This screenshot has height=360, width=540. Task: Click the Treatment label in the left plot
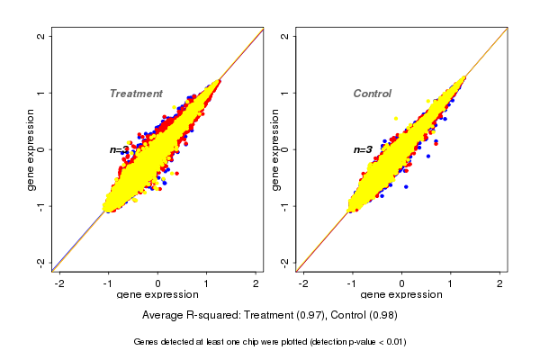pyautogui.click(x=136, y=94)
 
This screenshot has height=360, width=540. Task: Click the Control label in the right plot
pyautogui.click(x=372, y=94)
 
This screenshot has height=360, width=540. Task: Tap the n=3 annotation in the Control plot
pyautogui.click(x=363, y=149)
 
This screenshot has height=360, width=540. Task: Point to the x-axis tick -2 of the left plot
pyautogui.click(x=60, y=283)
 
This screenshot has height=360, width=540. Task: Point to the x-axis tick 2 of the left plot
pyautogui.click(x=256, y=283)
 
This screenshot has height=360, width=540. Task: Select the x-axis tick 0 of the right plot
pyautogui.click(x=402, y=283)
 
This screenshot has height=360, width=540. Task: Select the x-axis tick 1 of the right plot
pyautogui.click(x=452, y=283)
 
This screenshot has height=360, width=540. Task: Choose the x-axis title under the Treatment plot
pyautogui.click(x=157, y=295)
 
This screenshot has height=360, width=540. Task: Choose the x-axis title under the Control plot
pyautogui.click(x=401, y=295)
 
